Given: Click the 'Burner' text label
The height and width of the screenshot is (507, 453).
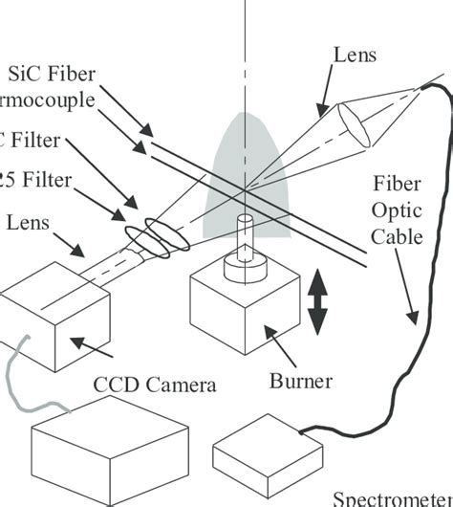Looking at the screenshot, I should coord(300,383).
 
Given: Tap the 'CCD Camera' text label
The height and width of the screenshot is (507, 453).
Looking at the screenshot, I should coord(155,386).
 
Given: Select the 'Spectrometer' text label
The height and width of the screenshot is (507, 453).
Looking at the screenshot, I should coord(392,497).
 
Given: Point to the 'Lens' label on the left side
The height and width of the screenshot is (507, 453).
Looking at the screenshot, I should coord(29,222).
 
